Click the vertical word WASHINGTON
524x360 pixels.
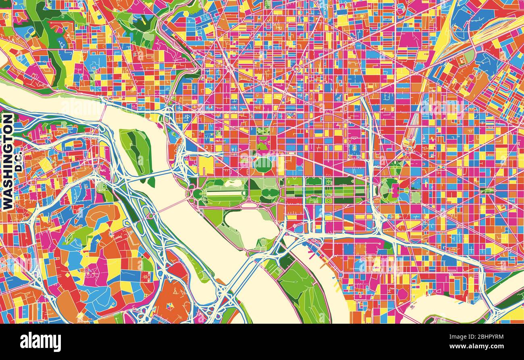click(x=8, y=161)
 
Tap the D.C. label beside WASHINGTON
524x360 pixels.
click(x=19, y=161)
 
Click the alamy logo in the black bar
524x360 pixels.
click(x=41, y=342)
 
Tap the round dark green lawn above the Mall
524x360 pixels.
click(x=263, y=164)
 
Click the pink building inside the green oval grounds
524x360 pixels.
click(x=393, y=188)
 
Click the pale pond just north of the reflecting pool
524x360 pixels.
click(x=233, y=184)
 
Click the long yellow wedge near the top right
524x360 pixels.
click(x=443, y=36)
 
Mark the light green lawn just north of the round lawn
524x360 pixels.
click(x=263, y=147)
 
